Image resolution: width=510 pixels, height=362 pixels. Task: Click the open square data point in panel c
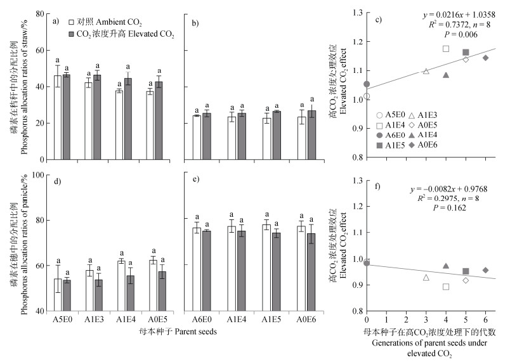tap(446, 49)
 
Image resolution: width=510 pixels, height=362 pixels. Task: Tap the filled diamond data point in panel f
tap(485, 270)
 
